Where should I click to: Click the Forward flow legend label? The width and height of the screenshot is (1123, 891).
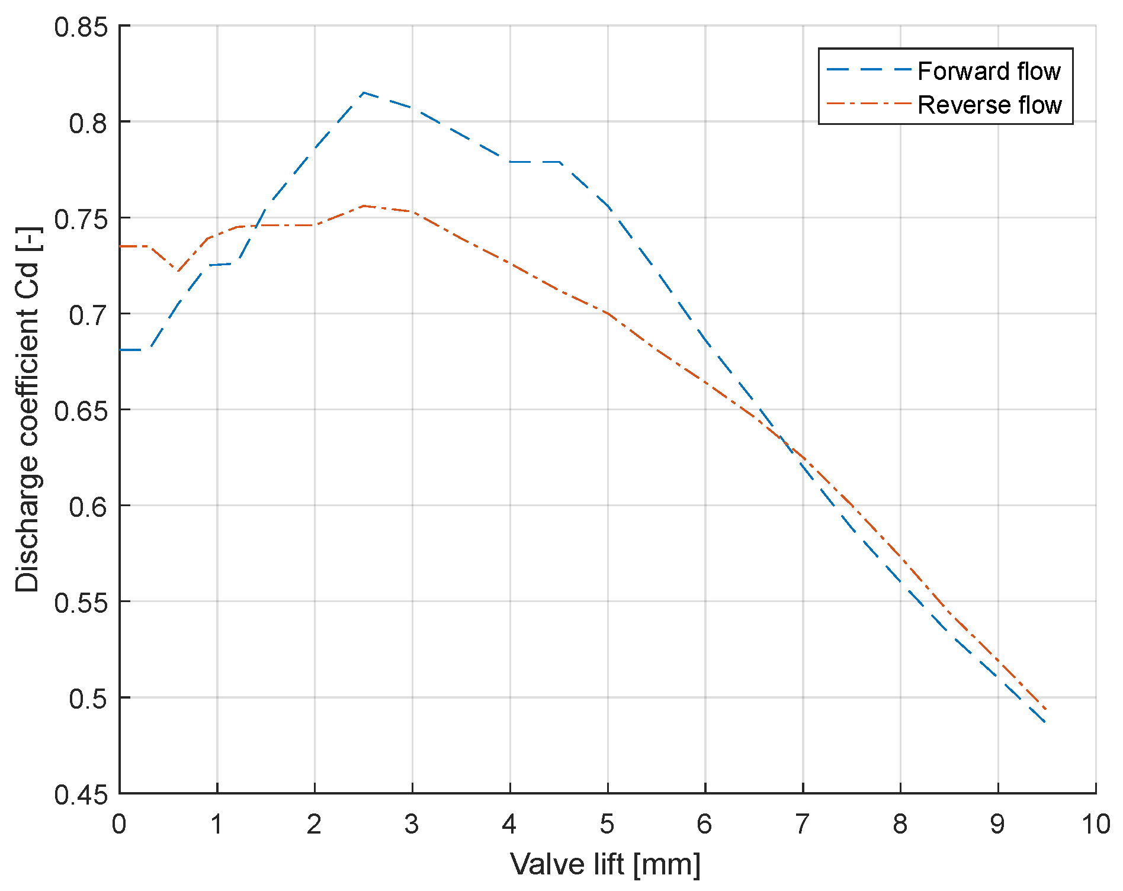coord(989,72)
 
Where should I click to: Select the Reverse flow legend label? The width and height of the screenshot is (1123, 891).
coord(989,105)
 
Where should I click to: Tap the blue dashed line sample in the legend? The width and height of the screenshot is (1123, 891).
coord(868,70)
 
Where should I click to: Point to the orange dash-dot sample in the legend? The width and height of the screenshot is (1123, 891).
coord(868,104)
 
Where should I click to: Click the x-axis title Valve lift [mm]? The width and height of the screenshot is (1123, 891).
coord(605,865)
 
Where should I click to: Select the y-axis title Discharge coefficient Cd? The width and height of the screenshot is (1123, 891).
coord(27,409)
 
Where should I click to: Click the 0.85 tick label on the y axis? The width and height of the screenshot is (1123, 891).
coord(81,27)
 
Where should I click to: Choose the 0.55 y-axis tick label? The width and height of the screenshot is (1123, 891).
coord(81,603)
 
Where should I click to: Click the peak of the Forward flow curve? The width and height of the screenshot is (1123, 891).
coord(363,93)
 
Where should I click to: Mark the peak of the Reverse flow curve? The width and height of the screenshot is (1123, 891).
coord(363,206)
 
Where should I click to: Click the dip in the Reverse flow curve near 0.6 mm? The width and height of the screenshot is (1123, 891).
coord(177,272)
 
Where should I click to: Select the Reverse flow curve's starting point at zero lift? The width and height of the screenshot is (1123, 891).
coord(120,246)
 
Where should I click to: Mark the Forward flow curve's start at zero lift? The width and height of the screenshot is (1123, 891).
coord(120,350)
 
